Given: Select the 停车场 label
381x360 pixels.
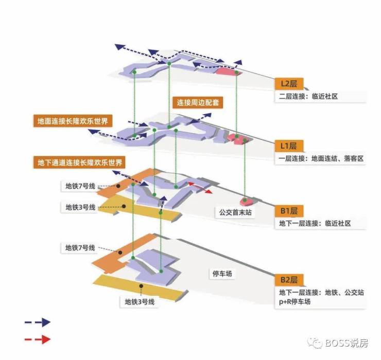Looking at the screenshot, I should [222, 274].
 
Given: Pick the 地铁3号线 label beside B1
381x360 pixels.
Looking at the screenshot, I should [80, 207].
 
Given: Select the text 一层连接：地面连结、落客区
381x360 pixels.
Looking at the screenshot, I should [321, 159].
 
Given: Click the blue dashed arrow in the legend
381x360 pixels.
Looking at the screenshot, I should [37, 322].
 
